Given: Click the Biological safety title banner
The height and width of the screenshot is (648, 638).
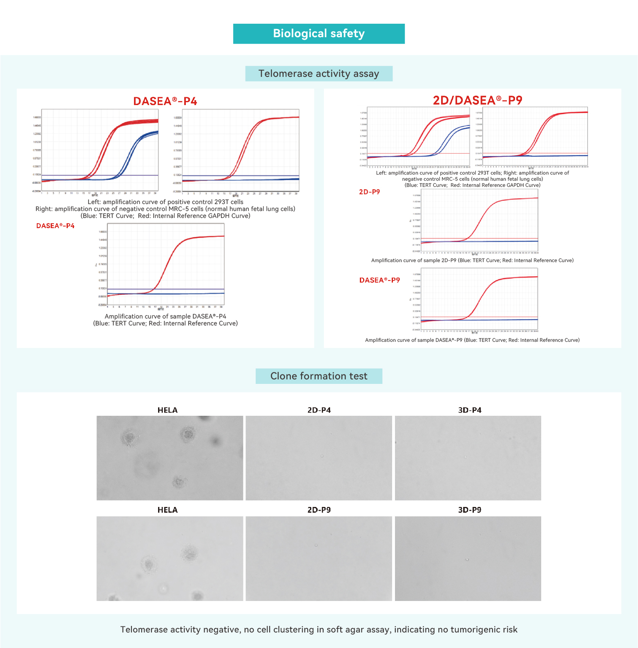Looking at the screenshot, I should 319,34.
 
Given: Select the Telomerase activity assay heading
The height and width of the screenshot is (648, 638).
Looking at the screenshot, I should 319,74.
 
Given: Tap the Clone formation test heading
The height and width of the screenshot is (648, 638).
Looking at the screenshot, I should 319,376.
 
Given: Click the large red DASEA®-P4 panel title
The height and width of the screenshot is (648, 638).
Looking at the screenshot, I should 165,101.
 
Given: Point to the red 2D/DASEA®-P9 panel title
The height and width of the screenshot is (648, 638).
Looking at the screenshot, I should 477,100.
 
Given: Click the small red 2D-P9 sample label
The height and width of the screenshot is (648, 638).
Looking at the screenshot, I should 369,192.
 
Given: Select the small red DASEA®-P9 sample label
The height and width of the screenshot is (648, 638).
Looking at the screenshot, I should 379,280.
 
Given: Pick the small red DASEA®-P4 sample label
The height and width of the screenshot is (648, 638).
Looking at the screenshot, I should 55,226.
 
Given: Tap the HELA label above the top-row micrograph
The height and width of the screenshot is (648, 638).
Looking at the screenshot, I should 167,410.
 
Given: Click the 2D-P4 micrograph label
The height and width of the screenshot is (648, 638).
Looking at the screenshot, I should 319,410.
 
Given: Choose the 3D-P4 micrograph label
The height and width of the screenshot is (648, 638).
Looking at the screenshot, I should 470,410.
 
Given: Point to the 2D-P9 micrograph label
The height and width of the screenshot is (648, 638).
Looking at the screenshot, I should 319,510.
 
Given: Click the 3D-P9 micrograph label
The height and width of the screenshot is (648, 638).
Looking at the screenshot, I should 470,510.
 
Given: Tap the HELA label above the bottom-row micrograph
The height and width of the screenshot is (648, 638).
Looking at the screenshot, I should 167,510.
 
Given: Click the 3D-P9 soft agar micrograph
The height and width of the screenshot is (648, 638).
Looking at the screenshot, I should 468,558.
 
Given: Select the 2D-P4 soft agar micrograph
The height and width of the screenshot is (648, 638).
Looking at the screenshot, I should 319,458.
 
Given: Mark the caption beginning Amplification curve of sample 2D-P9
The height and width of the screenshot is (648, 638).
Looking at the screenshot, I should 472,260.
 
